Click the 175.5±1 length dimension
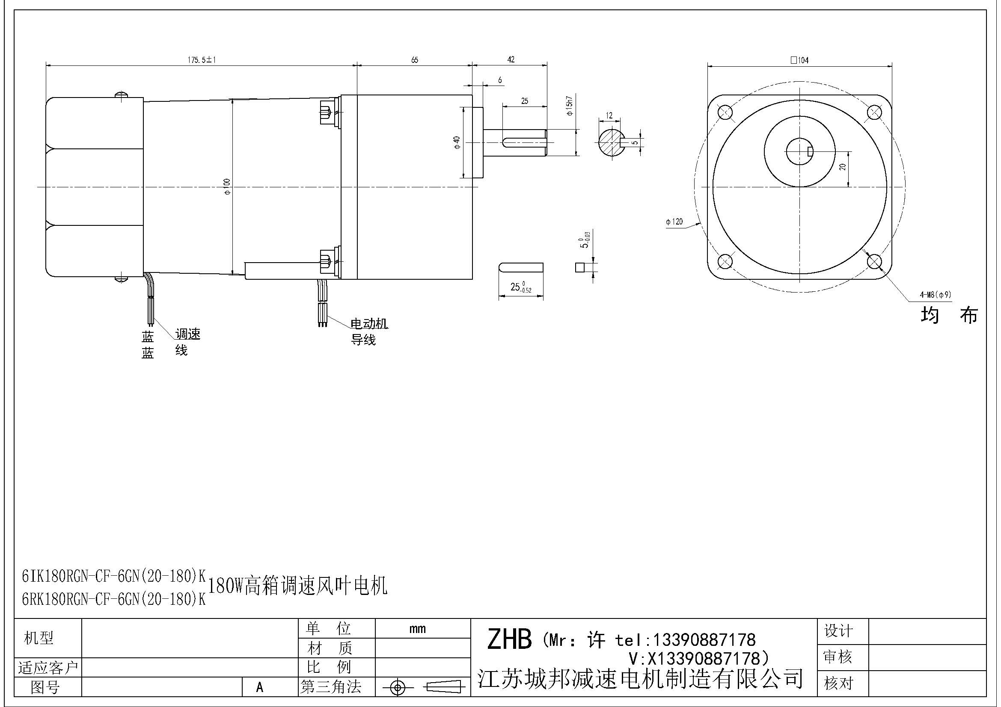pyautogui.click(x=202, y=60)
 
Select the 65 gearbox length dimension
pyautogui.click(x=414, y=60)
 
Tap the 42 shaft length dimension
pyautogui.click(x=511, y=59)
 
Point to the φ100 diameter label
pyautogui.click(x=227, y=186)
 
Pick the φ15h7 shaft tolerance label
pyautogui.click(x=569, y=105)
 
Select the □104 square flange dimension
pyautogui.click(x=799, y=60)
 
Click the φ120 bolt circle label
pyautogui.click(x=674, y=222)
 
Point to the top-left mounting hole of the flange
pyautogui.click(x=725, y=112)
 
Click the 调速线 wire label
pyautogui.click(x=187, y=341)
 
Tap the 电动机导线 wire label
pyautogui.click(x=369, y=331)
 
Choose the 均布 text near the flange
pyautogui.click(x=950, y=315)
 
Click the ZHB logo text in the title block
pyautogui.click(x=509, y=639)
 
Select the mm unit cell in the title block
pyautogui.click(x=417, y=629)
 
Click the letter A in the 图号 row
pyautogui.click(x=260, y=687)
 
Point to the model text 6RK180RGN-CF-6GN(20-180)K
pyautogui.click(x=113, y=599)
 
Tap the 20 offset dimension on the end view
pyautogui.click(x=843, y=166)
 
